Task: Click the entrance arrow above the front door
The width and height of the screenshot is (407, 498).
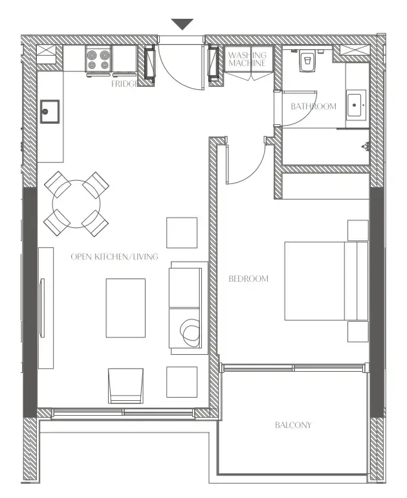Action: click(182, 24)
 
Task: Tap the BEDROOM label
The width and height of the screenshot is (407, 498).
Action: click(248, 279)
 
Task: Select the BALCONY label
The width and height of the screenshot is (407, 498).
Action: click(292, 425)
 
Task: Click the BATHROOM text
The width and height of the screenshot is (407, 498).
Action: click(313, 106)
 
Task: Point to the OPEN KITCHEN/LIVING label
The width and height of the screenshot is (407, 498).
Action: click(114, 257)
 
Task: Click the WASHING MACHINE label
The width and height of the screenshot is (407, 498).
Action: click(247, 60)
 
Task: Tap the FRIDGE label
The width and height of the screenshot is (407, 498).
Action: click(123, 84)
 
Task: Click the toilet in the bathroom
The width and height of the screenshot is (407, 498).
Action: click(307, 61)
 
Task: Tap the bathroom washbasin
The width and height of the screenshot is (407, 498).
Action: click(356, 105)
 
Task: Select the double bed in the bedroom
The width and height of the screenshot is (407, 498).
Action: click(325, 281)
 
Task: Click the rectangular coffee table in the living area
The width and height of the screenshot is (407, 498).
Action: click(126, 308)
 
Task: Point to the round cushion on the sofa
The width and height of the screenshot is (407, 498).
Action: click(190, 333)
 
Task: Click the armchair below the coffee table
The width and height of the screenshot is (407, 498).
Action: click(126, 385)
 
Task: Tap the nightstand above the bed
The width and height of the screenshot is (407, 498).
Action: click(357, 230)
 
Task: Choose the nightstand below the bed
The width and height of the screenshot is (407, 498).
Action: click(357, 332)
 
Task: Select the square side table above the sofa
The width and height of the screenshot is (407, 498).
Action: click(182, 232)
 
